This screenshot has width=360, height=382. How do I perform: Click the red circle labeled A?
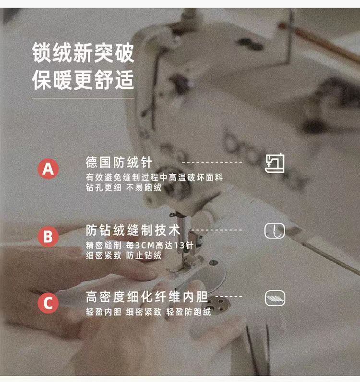48,168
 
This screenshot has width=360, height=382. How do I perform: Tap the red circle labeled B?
48,236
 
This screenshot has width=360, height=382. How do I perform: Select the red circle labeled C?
48,303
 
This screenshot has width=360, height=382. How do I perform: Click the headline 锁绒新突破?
83,53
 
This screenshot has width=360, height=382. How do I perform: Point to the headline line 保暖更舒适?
83,80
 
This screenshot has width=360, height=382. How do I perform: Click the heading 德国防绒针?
119,162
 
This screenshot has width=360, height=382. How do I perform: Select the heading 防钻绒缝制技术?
133,230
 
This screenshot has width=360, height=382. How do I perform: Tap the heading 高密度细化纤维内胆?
147,297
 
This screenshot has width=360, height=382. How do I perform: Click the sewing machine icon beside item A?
275,163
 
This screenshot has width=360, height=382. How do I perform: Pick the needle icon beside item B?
275,230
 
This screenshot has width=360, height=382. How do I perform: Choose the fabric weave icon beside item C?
275,298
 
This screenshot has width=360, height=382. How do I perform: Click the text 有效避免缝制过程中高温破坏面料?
154,178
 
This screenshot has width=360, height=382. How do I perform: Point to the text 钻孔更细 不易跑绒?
123,187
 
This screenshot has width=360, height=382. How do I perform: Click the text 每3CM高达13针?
160,245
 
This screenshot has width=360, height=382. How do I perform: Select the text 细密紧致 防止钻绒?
123,255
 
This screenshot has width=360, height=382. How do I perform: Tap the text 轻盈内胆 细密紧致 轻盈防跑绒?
148,312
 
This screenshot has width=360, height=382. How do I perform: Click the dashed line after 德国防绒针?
212,162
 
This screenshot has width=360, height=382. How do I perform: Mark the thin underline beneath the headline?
83,98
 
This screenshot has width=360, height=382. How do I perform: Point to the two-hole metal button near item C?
219,304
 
